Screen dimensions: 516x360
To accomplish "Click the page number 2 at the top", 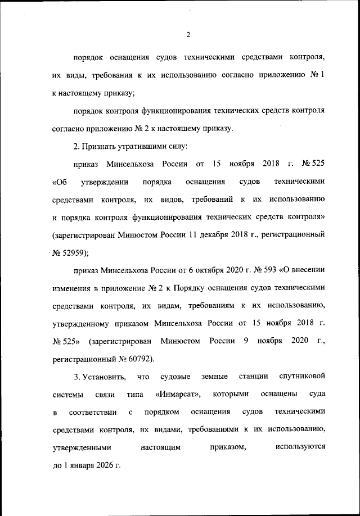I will click(188, 35).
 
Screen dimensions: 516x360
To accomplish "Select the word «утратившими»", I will click(148, 146).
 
